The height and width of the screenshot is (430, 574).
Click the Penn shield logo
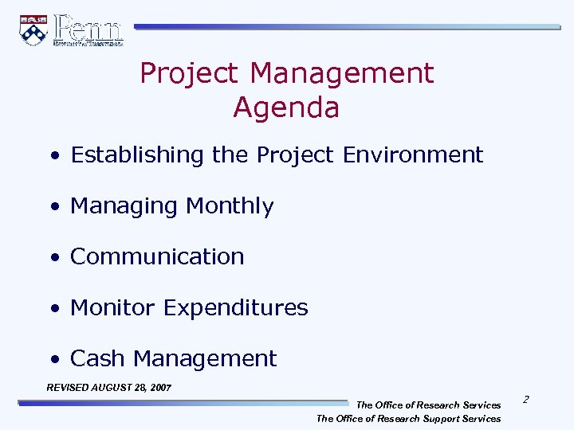coord(33,29)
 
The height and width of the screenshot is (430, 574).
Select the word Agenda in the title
coord(286,107)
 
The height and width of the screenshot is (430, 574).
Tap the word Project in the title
coord(191,73)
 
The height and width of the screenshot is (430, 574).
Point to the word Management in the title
coord(342,73)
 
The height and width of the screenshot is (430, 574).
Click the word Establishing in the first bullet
coord(138,154)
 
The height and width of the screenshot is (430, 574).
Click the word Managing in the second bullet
coord(124,206)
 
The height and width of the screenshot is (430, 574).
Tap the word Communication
coord(157,256)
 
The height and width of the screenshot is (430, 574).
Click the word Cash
coord(98,358)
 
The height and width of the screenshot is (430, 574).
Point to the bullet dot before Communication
coord(53,258)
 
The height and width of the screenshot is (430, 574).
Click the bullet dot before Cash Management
coord(53,360)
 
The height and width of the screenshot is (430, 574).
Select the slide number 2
coord(527,398)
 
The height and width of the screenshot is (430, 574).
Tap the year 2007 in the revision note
coord(159,388)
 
